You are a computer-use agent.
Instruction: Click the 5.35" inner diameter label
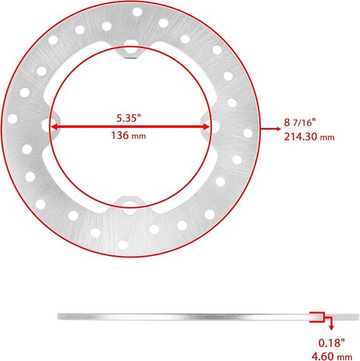pos(130,118)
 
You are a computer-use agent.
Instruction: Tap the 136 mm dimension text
pos(128,135)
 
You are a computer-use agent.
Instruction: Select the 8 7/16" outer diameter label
pos(300,122)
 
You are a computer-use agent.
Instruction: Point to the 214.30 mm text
pos(309,137)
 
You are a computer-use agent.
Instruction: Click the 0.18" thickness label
pos(331,343)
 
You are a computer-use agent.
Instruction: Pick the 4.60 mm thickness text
pos(332,356)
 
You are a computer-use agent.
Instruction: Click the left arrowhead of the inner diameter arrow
pos(55,127)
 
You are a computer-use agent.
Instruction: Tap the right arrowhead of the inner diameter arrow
pos(205,127)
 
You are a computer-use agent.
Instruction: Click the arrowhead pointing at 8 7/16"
pos(279,129)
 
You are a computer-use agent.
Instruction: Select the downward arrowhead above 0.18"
pos(332,328)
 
